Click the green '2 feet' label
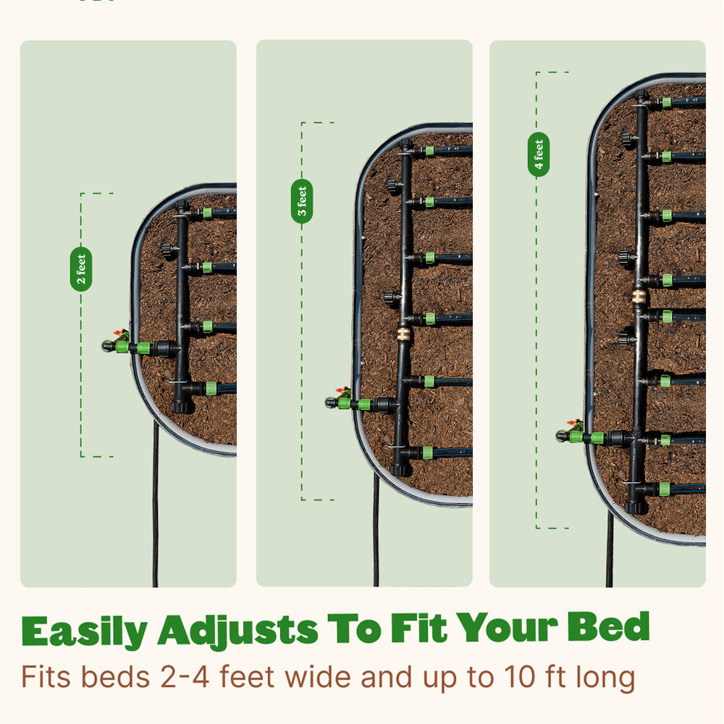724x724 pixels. point(81,269)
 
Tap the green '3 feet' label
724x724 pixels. point(302,201)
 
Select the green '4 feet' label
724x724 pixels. point(539,155)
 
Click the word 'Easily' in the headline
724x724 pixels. point(85,631)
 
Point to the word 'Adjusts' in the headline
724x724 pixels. point(237,631)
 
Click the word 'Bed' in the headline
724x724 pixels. point(609,626)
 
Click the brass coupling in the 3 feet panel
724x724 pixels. point(403,333)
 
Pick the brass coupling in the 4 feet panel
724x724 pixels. point(639,296)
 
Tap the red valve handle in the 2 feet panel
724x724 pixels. point(120,333)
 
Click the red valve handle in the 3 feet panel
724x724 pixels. point(342,391)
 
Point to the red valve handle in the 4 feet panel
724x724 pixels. point(574,423)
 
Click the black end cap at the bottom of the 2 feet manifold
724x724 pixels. point(182,406)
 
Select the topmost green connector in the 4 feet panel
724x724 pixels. point(666,103)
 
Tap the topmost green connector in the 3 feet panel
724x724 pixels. point(429,151)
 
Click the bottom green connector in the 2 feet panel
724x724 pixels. point(211,388)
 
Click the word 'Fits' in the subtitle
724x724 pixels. point(46,677)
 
